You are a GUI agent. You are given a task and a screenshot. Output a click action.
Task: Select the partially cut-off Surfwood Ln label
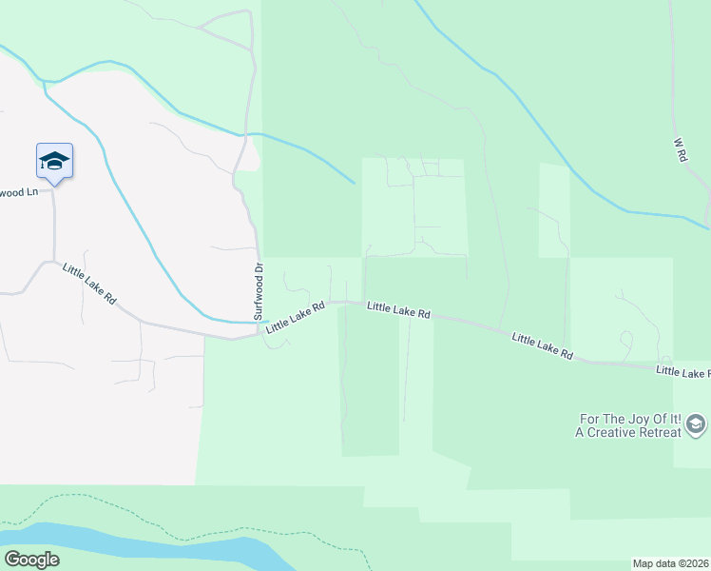[18, 192]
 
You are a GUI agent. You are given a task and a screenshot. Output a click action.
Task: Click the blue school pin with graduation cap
[54, 161]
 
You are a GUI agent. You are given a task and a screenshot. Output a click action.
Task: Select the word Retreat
[663, 432]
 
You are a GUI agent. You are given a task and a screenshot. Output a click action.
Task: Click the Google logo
[31, 560]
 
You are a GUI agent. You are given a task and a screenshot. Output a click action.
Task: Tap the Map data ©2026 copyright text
[670, 562]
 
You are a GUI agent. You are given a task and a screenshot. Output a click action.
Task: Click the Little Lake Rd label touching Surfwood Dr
[296, 317]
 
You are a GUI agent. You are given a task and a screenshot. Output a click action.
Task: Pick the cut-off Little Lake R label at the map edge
[682, 372]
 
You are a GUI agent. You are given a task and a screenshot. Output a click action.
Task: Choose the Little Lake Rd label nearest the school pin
[89, 284]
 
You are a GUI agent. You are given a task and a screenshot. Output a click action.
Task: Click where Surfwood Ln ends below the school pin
[54, 189]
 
